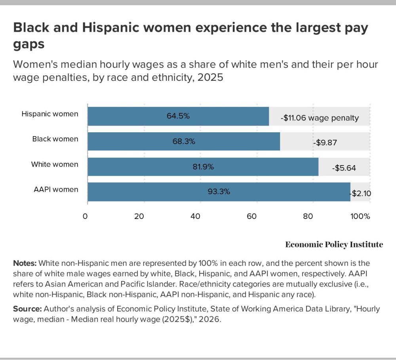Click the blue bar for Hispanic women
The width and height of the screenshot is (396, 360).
tap(178, 116)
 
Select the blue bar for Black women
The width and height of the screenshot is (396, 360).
tap(184, 141)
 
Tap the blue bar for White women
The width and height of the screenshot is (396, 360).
tap(203, 167)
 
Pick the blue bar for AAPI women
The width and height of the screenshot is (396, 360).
tap(219, 192)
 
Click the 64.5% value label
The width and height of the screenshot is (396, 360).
tap(178, 116)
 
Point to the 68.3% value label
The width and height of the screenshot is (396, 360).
tap(184, 141)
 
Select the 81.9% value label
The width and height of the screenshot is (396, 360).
tap(203, 167)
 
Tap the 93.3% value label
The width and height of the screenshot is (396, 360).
tap(219, 192)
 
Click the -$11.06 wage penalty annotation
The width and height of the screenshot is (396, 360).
tap(320, 118)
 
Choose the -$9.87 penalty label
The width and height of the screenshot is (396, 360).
tap(325, 143)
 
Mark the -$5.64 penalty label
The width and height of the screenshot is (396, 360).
tap(344, 168)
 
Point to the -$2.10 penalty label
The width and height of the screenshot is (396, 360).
tap(360, 194)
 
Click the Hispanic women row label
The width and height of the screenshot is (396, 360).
tap(50, 114)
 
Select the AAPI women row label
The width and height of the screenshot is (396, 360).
tap(56, 189)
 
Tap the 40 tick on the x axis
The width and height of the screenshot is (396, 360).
tap(195, 216)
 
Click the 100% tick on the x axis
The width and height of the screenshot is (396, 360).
tap(360, 216)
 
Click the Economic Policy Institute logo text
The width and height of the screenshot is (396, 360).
tap(334, 244)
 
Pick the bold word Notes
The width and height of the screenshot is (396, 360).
tap(25, 263)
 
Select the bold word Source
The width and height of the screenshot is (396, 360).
tap(27, 309)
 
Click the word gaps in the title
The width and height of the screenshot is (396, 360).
tap(29, 44)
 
